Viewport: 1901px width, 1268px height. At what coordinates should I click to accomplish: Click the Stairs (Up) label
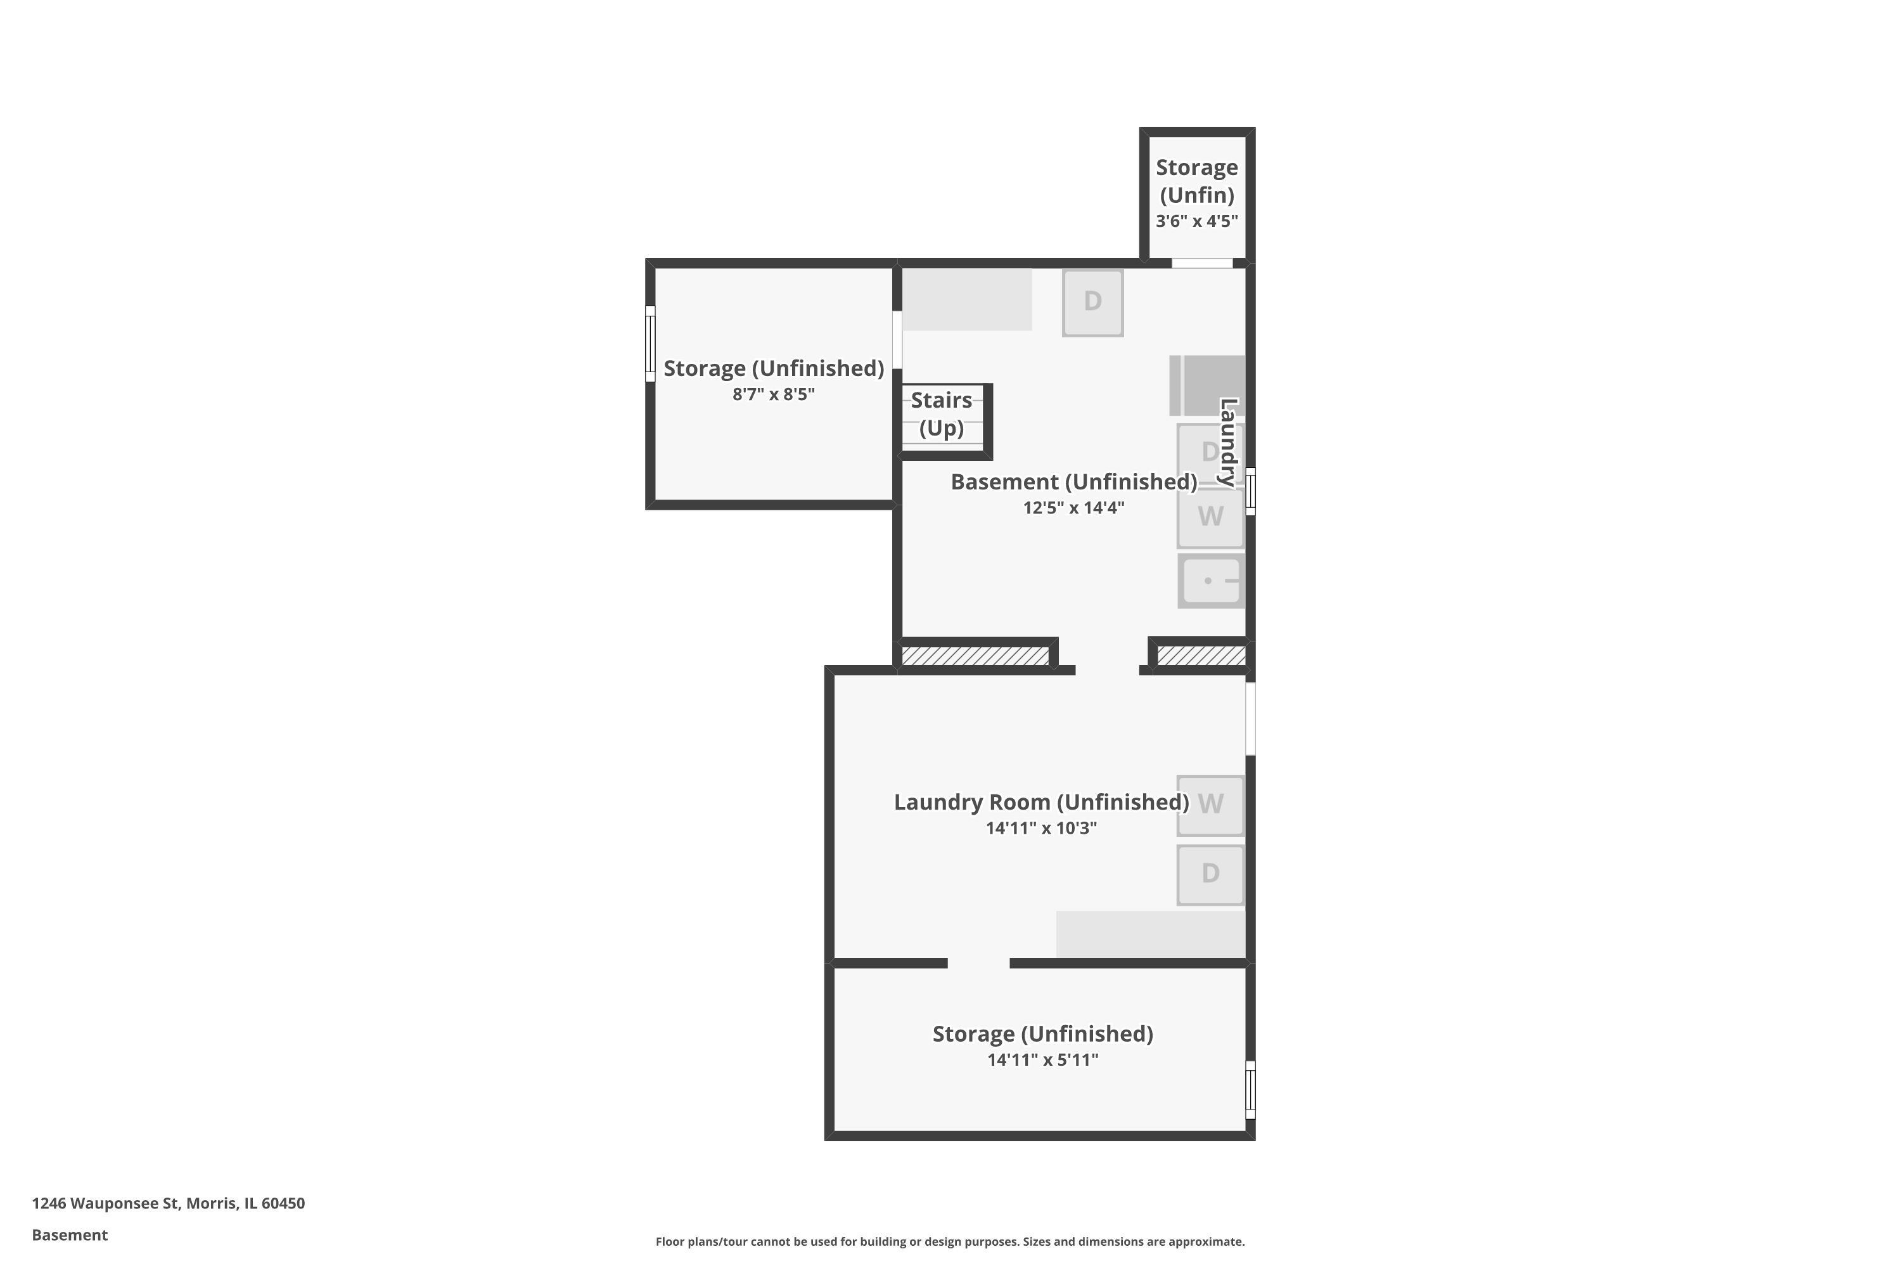941,414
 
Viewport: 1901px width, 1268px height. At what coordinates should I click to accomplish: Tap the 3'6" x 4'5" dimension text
1196,221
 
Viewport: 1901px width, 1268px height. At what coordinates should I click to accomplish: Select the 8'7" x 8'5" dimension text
774,394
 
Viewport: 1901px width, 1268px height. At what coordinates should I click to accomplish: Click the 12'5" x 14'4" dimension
1073,508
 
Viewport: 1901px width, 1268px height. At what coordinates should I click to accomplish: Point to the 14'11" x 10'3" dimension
1041,828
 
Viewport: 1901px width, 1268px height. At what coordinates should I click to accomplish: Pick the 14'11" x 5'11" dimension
1042,1060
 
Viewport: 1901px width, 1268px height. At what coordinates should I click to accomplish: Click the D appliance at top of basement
1092,302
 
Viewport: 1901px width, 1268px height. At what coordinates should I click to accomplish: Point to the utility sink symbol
1211,581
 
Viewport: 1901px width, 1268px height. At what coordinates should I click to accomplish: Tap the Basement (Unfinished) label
1073,482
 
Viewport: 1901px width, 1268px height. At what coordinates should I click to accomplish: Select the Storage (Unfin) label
1196,181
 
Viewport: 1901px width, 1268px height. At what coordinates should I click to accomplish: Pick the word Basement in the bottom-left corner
70,1235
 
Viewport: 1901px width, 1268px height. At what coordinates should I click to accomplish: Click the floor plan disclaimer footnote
950,1241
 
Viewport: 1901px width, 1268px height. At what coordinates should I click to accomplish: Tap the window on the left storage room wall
650,344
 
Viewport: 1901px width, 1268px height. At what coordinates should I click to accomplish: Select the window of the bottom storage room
1250,1089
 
